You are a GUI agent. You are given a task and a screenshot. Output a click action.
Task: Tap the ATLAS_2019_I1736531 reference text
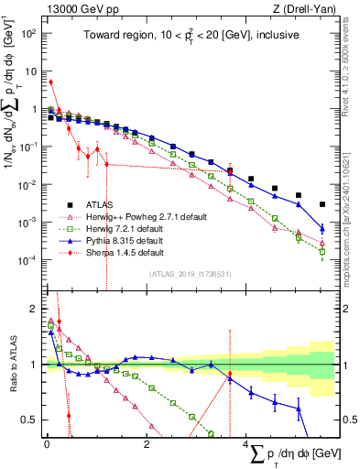[190, 273]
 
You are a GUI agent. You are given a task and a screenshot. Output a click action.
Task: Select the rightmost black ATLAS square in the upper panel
[322, 204]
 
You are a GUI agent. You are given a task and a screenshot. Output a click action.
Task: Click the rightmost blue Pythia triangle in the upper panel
[322, 229]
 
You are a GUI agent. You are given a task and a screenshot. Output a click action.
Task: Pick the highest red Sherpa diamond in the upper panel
[50, 82]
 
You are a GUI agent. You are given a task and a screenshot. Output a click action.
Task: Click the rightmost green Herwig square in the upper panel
[322, 250]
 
